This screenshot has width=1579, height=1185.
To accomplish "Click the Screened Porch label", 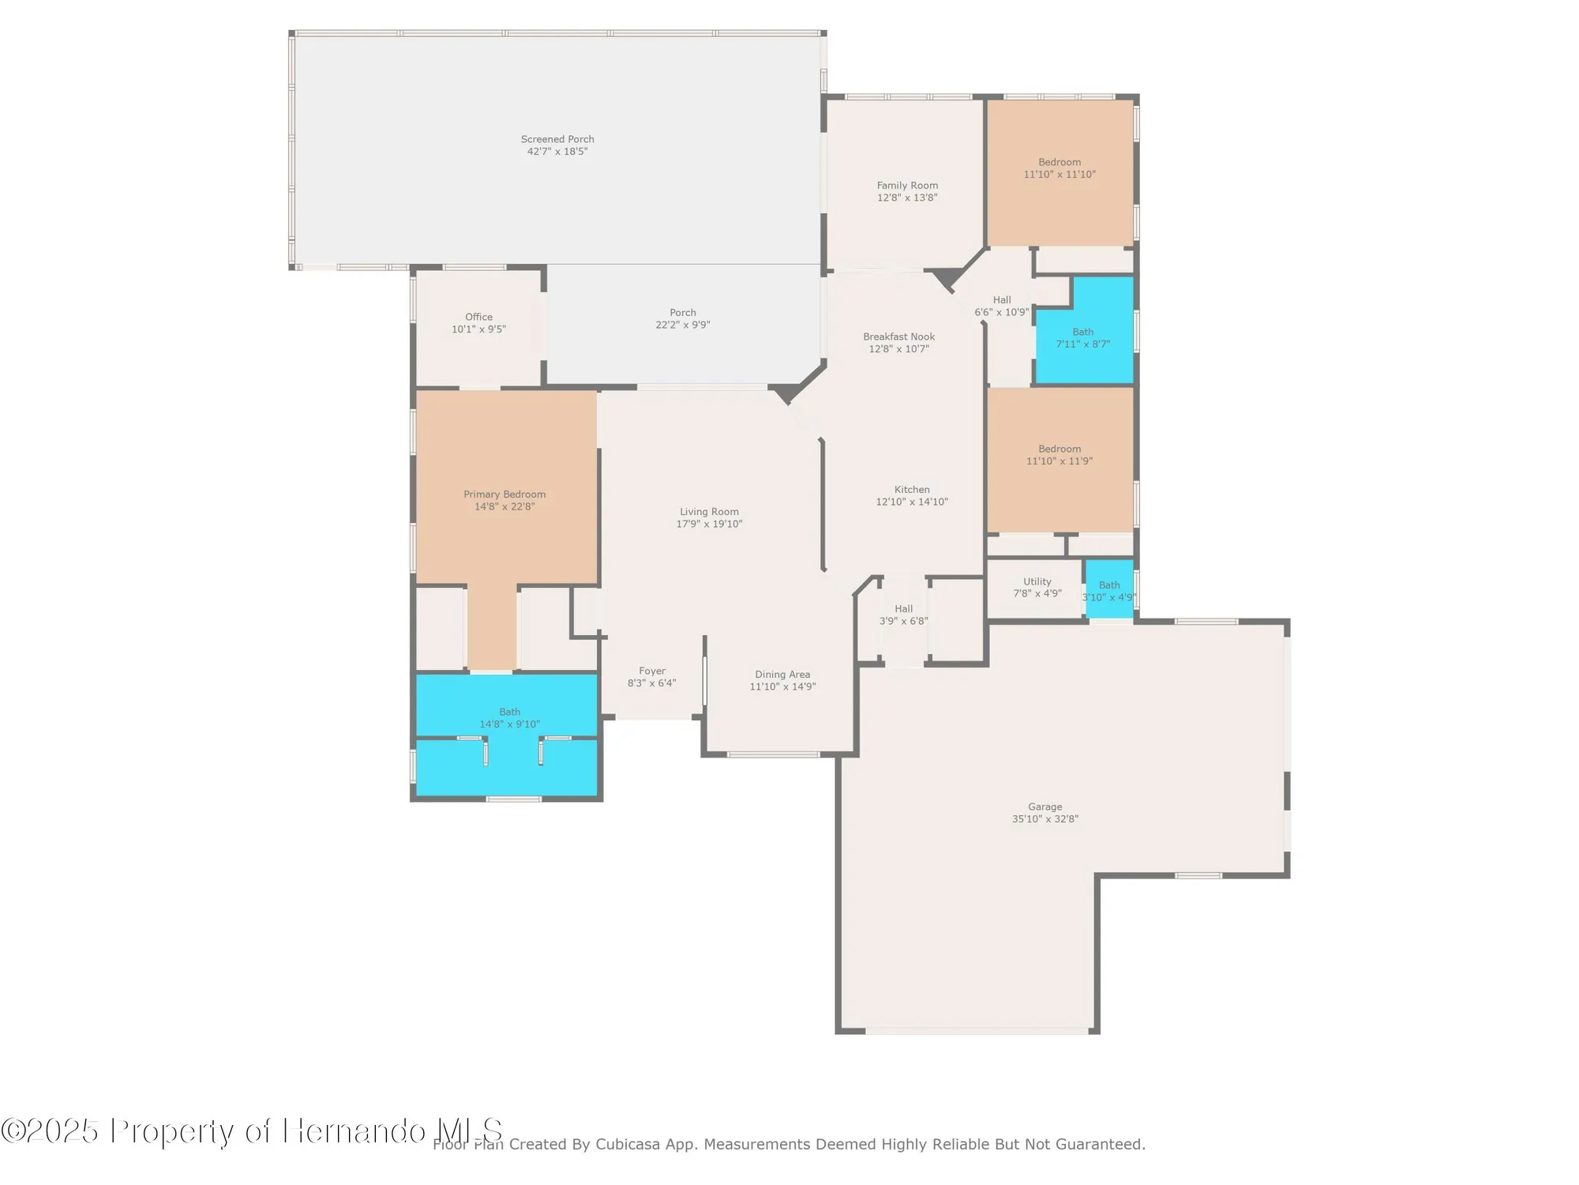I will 557,139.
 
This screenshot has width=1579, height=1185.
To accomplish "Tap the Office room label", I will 478,317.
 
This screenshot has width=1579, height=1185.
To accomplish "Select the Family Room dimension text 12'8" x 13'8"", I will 907,197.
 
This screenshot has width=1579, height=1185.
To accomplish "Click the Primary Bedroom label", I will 504,495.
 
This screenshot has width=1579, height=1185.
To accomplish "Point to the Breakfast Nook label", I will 898,337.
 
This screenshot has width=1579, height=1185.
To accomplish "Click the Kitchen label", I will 912,490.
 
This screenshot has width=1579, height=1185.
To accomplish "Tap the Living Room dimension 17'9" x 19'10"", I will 709,524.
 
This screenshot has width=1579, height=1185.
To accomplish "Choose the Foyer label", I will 652,671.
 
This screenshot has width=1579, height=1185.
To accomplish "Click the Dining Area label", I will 782,675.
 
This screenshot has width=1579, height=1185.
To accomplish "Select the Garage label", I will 1045,807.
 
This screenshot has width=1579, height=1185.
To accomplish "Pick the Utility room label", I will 1037,581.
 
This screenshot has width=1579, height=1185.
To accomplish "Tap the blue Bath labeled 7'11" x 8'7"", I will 1083,338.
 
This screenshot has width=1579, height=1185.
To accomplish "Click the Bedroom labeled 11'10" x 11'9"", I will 1060,455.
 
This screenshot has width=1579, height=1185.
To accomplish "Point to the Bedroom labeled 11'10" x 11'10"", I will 1060,168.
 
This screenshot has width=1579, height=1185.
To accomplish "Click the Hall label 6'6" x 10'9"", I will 1002,306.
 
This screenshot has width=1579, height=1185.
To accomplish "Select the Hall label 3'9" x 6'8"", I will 904,615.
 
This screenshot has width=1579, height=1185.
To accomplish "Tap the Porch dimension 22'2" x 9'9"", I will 683,325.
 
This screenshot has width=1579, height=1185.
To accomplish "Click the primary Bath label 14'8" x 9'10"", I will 510,717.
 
